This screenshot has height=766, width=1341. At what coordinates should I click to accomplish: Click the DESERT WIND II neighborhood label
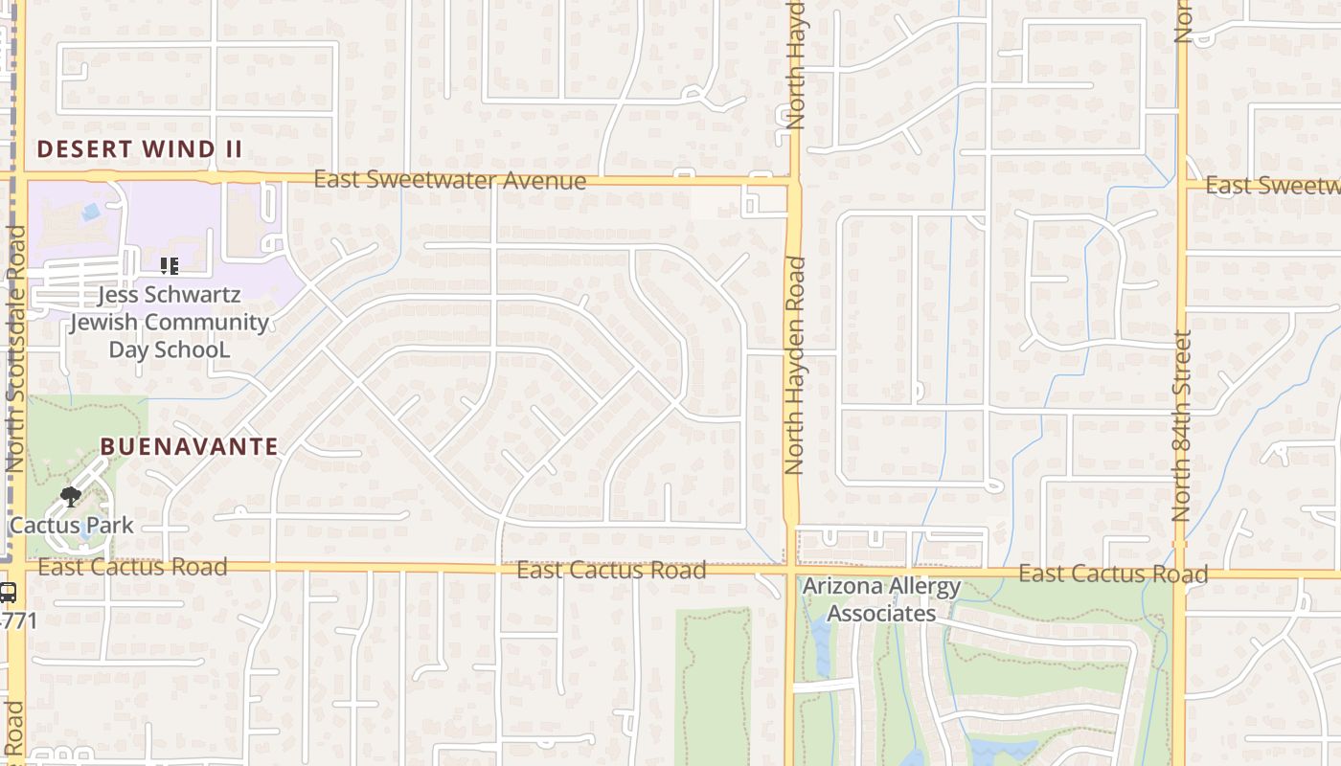139,149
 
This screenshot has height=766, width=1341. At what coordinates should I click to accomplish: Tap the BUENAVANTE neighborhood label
190,446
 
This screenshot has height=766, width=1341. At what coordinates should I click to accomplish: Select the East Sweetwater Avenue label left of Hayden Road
450,180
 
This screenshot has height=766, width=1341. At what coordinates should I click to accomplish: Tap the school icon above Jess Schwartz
170,266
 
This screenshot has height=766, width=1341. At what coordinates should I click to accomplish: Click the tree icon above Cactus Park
70,495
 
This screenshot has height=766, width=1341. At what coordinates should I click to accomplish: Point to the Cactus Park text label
72,526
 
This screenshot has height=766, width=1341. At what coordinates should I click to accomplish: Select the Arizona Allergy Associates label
881,599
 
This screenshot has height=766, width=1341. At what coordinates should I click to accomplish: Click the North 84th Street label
1181,426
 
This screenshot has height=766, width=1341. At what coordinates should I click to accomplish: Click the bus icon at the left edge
8,593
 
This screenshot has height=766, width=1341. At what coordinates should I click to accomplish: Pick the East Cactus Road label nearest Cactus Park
133,567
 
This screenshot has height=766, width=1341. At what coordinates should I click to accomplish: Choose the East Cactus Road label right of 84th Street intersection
1113,574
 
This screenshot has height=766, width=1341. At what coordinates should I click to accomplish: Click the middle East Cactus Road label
611,571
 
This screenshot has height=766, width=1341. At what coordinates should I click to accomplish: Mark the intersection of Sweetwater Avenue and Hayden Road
792,181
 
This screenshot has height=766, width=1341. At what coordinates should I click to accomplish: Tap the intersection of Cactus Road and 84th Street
1180,574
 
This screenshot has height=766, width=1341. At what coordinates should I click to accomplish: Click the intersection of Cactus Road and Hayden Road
791,571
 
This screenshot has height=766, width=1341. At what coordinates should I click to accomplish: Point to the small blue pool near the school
91,212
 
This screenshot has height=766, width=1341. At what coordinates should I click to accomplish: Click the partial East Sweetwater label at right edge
1272,186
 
